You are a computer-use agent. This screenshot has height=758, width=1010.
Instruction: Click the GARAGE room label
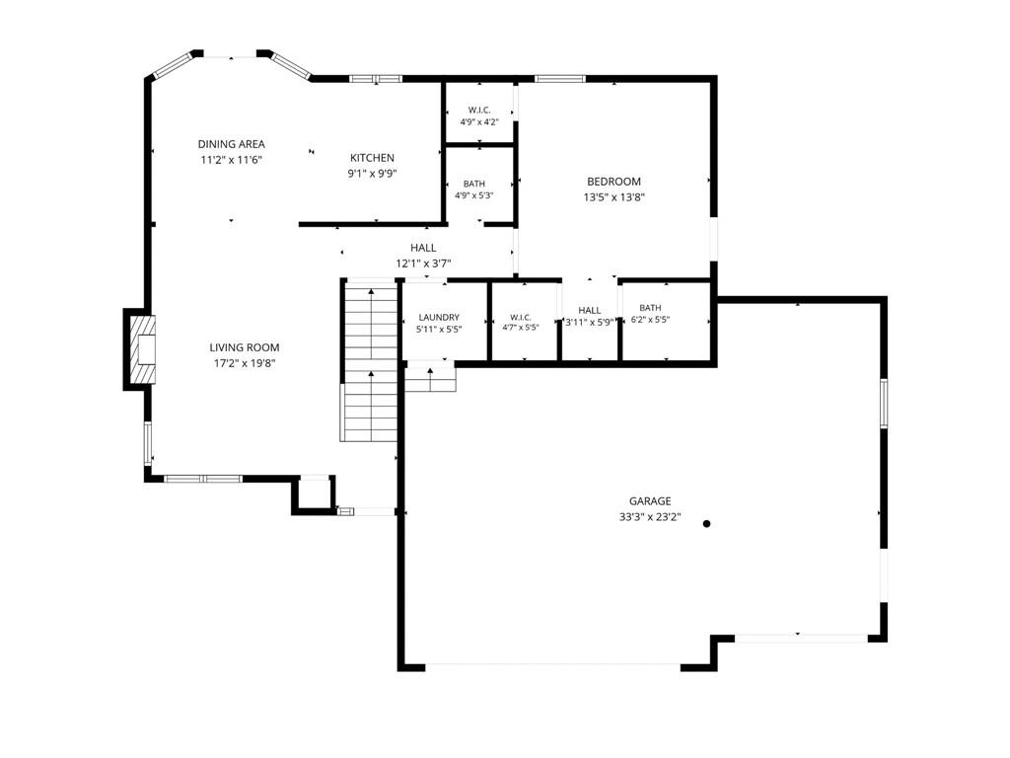click(x=650, y=500)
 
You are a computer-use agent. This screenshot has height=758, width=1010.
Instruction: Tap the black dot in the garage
click(x=706, y=523)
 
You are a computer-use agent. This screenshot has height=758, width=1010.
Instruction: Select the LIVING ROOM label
click(x=245, y=347)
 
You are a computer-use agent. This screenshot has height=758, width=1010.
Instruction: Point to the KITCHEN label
click(x=372, y=158)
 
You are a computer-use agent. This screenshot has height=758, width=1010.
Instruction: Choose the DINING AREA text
click(x=231, y=144)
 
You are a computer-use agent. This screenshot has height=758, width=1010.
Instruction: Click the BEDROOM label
click(x=613, y=182)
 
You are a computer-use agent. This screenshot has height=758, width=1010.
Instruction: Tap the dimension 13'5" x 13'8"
click(x=613, y=197)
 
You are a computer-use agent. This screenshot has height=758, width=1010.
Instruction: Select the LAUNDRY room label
click(x=439, y=317)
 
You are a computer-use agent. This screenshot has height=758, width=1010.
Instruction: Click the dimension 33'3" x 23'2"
click(x=650, y=517)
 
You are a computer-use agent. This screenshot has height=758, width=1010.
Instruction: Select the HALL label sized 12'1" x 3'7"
click(x=423, y=248)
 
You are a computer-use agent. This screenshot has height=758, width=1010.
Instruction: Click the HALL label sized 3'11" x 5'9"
click(x=590, y=311)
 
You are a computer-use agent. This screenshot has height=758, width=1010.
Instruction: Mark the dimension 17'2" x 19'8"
click(x=245, y=363)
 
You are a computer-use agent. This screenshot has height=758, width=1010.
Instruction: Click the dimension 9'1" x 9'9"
click(x=372, y=174)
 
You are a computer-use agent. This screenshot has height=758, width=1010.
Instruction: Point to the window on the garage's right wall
click(x=884, y=403)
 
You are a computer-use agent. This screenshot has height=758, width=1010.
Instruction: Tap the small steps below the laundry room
click(x=430, y=380)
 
